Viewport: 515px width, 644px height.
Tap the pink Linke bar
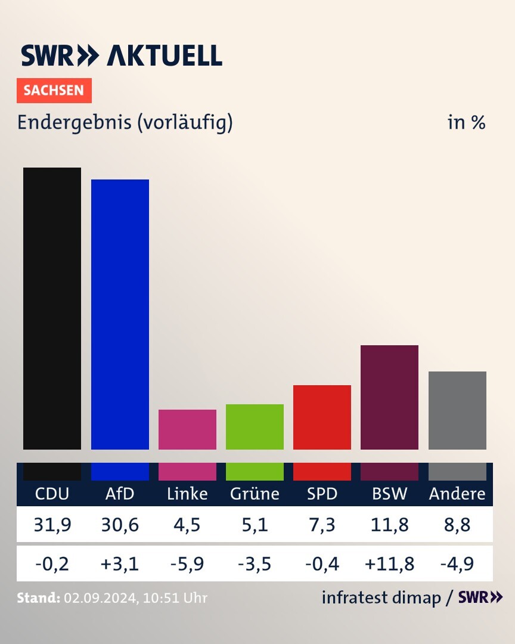point(187,429)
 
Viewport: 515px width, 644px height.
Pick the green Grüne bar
point(255,427)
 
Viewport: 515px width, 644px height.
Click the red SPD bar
point(322,417)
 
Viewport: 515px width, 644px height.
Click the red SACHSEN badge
point(54,91)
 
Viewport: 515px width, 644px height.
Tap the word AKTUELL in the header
point(165,55)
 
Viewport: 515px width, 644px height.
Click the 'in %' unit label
point(467,123)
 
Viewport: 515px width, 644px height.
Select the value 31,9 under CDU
point(52,525)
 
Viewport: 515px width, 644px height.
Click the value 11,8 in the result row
point(389,525)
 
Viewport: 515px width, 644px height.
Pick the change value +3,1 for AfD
point(120,563)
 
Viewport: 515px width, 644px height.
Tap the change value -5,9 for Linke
point(187,563)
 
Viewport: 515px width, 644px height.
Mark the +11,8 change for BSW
point(389,563)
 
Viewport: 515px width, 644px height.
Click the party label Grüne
point(255,494)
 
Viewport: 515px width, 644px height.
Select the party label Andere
point(457,494)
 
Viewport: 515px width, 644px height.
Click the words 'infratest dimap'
point(380,597)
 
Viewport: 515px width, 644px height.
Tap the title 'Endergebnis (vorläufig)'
point(125,122)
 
